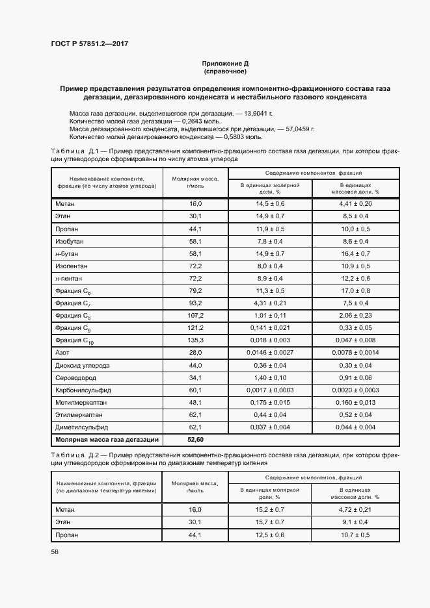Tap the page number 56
(55, 551)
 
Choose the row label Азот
(62, 352)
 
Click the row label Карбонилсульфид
(83, 390)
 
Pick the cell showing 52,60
(196, 440)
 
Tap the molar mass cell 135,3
(196, 340)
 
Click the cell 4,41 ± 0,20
(355, 204)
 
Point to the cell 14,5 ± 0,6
(270, 204)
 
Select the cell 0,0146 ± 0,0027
(270, 352)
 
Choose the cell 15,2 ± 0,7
(270, 510)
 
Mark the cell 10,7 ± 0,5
(355, 535)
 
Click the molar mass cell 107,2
(196, 316)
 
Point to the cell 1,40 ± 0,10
(270, 378)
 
